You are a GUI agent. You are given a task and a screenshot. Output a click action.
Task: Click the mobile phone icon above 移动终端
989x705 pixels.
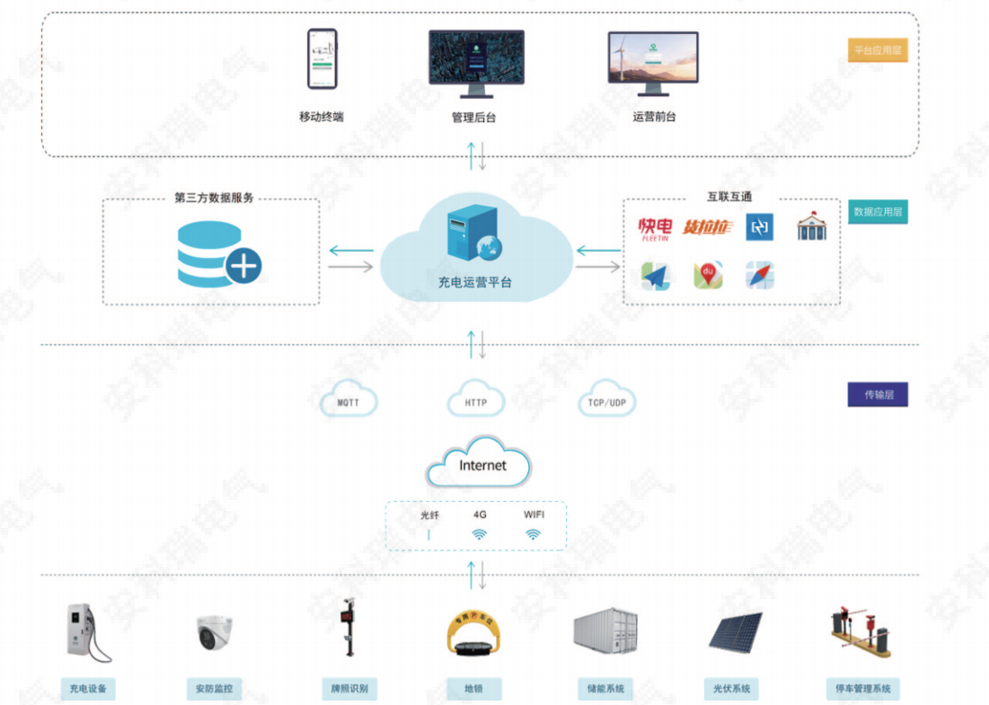click(x=322, y=59)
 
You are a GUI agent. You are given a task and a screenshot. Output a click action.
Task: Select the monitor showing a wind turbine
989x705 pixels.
click(x=653, y=60)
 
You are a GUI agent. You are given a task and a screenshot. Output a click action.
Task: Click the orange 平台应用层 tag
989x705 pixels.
click(x=878, y=50)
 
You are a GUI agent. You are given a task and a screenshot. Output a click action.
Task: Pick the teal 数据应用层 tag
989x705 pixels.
click(x=878, y=212)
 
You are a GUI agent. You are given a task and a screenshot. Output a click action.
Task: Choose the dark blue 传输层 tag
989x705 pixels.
click(x=878, y=394)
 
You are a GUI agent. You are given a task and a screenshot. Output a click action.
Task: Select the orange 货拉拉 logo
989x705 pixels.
click(x=708, y=228)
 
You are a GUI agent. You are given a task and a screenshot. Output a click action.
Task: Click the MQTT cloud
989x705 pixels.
click(x=349, y=401)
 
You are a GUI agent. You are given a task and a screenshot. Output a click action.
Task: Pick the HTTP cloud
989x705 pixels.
click(x=476, y=401)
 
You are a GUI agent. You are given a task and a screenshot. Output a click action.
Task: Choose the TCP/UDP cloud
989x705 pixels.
click(x=607, y=401)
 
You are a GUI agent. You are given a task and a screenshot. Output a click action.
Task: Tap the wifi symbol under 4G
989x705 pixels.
click(x=480, y=534)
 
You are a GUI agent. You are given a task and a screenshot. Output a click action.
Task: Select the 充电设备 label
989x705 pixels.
click(x=88, y=689)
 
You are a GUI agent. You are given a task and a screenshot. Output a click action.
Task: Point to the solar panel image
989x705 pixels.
click(x=736, y=632)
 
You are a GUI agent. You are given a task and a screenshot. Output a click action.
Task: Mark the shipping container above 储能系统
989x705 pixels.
click(x=605, y=630)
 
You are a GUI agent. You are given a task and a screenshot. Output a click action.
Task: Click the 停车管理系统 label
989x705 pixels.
click(x=862, y=689)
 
